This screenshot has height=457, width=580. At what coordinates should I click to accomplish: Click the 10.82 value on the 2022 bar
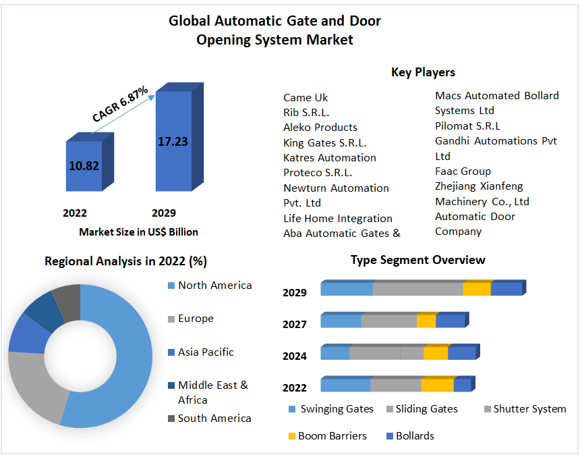tap(84, 165)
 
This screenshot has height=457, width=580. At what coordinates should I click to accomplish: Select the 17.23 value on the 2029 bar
tap(173, 142)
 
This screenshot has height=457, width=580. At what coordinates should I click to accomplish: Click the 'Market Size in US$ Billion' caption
tap(138, 232)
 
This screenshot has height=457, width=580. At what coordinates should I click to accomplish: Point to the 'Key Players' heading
tap(423, 72)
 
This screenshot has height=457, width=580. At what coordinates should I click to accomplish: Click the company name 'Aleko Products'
tap(320, 127)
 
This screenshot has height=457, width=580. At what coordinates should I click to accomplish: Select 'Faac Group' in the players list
tap(463, 171)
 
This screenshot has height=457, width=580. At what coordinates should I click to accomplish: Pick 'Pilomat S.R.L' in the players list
tap(467, 126)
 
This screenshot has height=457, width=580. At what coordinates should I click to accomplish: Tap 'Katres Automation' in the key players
tap(330, 157)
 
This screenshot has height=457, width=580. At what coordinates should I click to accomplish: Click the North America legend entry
tap(214, 286)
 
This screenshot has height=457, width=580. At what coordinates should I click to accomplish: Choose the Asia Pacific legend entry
tap(206, 352)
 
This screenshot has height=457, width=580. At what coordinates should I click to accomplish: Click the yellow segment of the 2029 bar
tap(477, 289)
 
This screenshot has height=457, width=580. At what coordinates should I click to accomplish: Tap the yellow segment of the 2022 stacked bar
tap(438, 385)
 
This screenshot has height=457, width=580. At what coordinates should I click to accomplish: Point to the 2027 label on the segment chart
tap(294, 324)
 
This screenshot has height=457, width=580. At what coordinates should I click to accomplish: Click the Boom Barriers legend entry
tap(332, 435)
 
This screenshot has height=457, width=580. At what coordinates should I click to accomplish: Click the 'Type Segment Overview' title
tap(417, 260)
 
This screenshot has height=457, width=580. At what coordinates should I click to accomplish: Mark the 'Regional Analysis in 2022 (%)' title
tap(125, 261)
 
